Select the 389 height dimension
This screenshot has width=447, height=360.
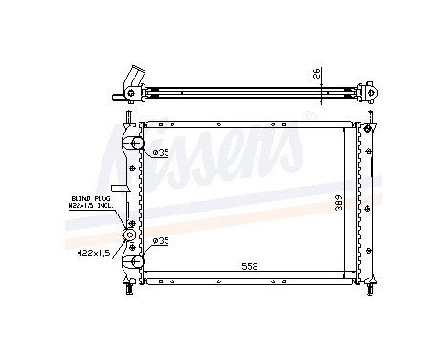[337, 204]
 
